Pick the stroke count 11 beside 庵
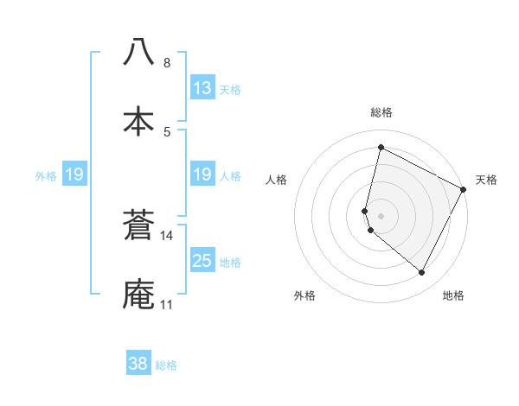coord(166,305)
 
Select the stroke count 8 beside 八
coord(167,63)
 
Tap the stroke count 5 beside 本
coord(167,131)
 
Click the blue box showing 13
coord(202,88)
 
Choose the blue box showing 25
coord(202,261)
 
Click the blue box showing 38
coord(138,364)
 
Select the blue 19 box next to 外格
coord(74,175)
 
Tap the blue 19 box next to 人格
coord(202,175)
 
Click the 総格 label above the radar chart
coord(381,112)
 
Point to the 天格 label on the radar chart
coord(486,180)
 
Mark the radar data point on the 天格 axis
coord(465,189)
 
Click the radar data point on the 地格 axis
coord(422,273)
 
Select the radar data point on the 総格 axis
coord(381,147)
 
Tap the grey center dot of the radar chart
coord(381,215)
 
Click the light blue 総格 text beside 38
coord(166,365)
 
